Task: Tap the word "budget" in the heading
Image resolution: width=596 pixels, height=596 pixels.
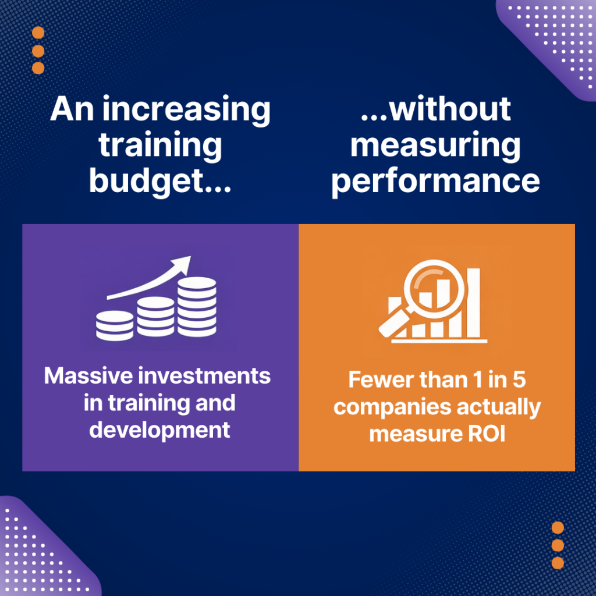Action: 148,181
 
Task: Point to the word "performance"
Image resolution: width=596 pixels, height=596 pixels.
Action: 435,181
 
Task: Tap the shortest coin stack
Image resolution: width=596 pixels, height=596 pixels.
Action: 114,325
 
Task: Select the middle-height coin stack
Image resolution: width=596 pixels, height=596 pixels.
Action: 155,317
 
